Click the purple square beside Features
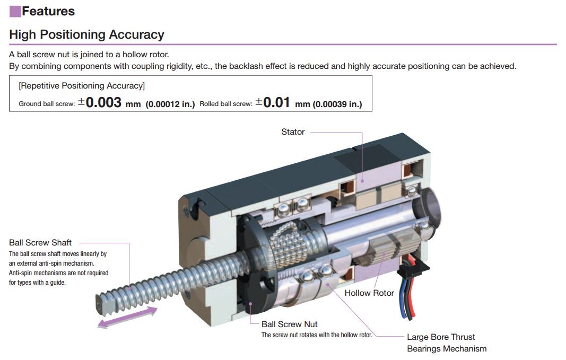coord(15,12)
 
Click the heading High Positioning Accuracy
coord(86,34)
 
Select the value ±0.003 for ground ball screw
coord(100,102)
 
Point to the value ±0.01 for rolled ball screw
coord(273,102)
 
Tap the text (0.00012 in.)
coord(170,104)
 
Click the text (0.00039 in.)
coord(337,104)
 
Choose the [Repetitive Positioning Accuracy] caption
coord(82,85)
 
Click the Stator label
coord(293,132)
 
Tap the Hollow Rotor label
coord(369,293)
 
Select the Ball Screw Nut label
coord(290,324)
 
